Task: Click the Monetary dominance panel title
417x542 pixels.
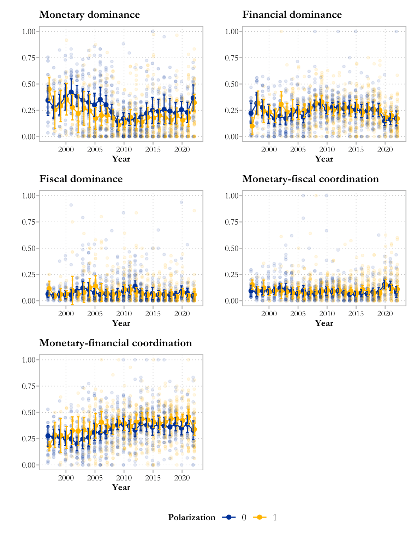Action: [x=89, y=14]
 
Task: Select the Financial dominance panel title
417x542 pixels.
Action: [x=292, y=14]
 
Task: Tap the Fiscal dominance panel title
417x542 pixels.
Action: [x=81, y=179]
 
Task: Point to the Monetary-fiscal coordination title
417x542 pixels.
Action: [x=310, y=179]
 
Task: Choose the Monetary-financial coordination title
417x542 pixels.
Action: [x=115, y=343]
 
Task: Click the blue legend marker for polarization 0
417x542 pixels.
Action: [x=229, y=517]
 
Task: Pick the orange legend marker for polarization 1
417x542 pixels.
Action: [x=260, y=517]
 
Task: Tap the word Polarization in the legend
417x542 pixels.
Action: [x=192, y=517]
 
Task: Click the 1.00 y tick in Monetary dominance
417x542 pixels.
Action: [x=29, y=31]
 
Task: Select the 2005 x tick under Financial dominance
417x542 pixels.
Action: [x=298, y=149]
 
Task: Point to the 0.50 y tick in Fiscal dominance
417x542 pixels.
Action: [x=29, y=248]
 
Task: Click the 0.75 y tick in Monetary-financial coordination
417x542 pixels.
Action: [x=29, y=386]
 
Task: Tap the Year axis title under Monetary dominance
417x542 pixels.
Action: [x=121, y=159]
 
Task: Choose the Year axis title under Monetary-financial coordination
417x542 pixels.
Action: [x=121, y=487]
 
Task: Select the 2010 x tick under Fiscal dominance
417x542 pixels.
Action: [x=124, y=313]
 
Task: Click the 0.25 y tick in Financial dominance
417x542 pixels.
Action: [x=232, y=110]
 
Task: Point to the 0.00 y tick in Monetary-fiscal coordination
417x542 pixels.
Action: [x=232, y=301]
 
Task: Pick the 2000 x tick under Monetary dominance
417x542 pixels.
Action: [x=66, y=149]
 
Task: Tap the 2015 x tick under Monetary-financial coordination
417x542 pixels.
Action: [x=153, y=478]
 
